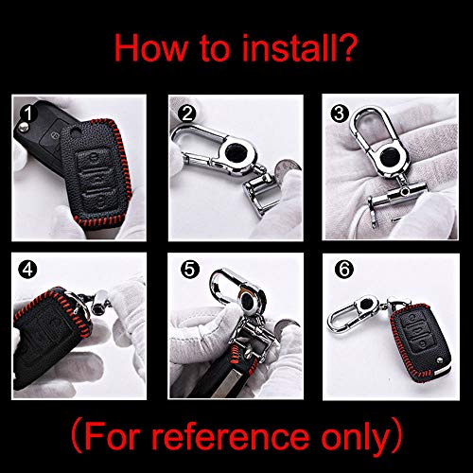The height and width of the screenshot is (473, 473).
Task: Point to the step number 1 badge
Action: tap(28, 114)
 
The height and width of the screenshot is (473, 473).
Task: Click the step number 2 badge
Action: tap(187, 114)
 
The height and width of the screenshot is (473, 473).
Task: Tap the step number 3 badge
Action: tap(340, 114)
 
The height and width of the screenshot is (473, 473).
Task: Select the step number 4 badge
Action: tap(27, 270)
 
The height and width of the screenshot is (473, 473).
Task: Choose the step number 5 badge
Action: tap(190, 270)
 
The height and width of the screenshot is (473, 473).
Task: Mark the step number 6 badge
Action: tap(344, 270)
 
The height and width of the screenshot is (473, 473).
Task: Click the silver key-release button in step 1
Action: tap(22, 127)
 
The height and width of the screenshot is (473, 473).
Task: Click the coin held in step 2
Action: tap(286, 168)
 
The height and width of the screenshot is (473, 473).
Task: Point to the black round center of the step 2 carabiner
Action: tap(236, 153)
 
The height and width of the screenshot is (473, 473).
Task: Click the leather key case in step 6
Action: tap(421, 342)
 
